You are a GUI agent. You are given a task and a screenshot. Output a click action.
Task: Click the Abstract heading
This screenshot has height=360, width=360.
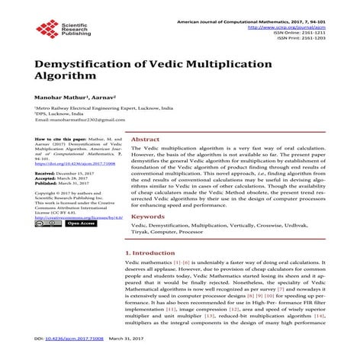click(146, 140)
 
